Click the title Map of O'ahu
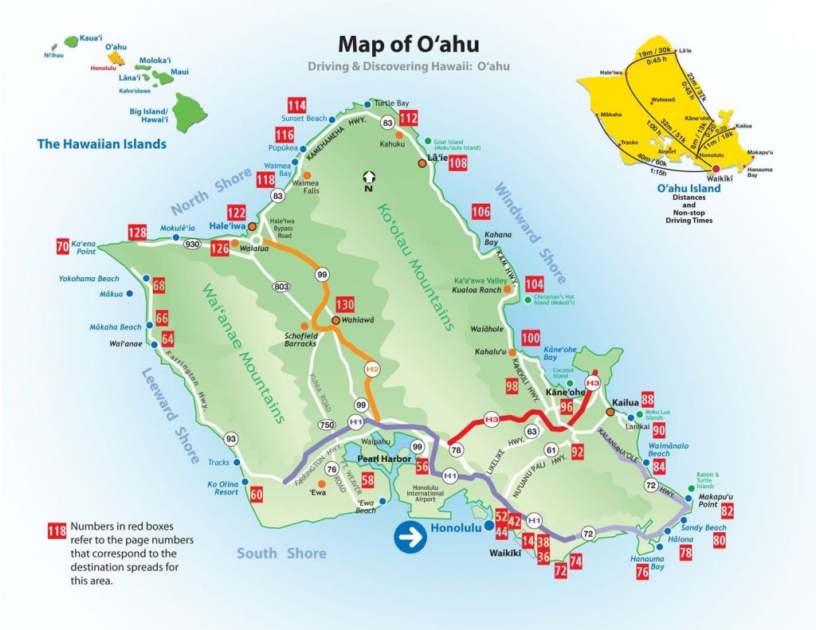click(x=408, y=43)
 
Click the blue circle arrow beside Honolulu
click(x=410, y=538)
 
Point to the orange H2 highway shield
click(x=371, y=369)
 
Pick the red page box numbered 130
click(x=344, y=304)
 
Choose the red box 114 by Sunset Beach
click(x=297, y=106)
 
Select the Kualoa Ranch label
click(x=477, y=290)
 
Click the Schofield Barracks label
click(x=300, y=338)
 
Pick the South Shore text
click(x=281, y=553)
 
